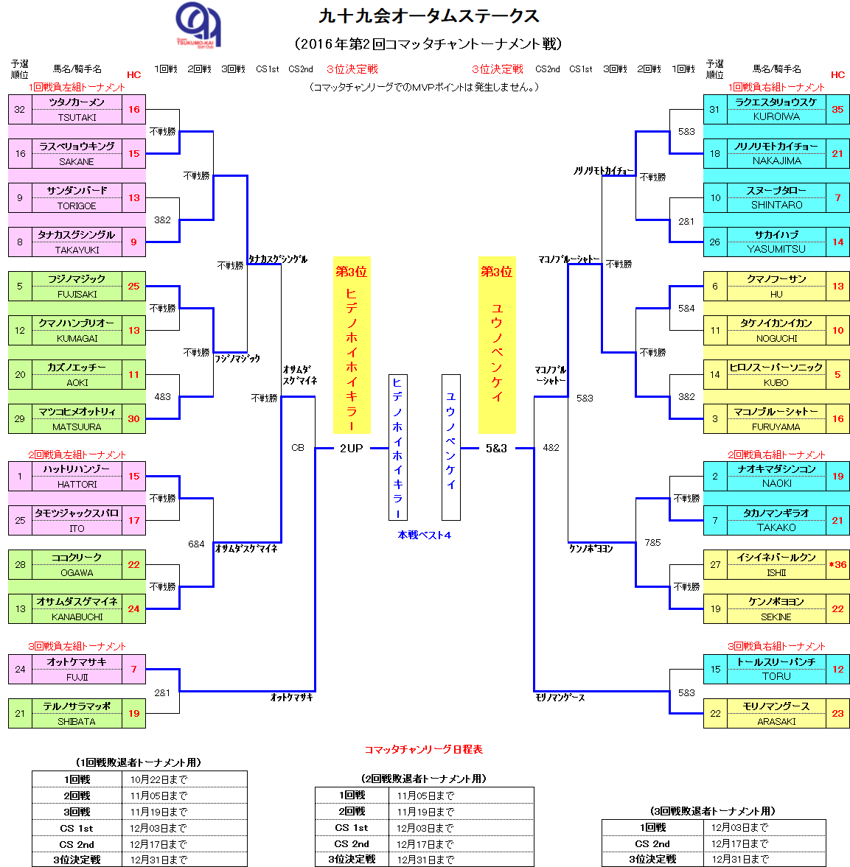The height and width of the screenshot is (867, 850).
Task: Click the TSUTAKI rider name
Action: (77, 117)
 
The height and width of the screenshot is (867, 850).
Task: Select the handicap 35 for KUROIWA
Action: (837, 109)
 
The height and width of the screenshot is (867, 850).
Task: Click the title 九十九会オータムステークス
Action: (428, 16)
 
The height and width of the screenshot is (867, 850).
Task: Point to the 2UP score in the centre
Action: (351, 448)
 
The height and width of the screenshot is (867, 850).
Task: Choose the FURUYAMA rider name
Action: (776, 427)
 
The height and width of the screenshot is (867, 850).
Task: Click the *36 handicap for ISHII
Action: (837, 565)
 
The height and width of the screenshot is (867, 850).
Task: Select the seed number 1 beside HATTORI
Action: (20, 477)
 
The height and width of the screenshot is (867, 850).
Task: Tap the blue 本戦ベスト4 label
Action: (425, 535)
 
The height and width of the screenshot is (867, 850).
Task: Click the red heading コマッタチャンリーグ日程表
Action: (424, 749)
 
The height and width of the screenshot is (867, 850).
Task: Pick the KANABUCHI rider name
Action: (77, 617)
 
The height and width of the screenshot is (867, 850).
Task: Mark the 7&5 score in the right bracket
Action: (652, 543)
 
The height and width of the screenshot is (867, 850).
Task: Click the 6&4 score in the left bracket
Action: (196, 544)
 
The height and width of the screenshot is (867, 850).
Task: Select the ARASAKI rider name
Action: (776, 721)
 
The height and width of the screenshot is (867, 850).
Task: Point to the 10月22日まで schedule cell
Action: (158, 779)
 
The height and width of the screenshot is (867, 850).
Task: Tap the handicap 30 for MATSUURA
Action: (133, 418)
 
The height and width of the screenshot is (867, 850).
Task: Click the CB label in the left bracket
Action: (298, 448)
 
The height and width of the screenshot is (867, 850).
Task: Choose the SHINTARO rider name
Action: (776, 205)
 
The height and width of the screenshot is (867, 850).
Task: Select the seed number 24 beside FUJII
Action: (20, 670)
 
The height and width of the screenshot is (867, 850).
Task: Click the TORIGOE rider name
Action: (77, 206)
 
